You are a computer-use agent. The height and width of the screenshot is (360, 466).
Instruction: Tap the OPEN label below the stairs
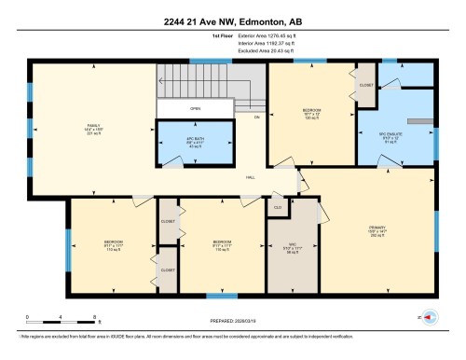point(195,108)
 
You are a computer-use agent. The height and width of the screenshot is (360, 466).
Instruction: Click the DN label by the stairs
point(257,118)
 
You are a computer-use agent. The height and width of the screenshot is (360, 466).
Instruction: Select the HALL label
point(251,176)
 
